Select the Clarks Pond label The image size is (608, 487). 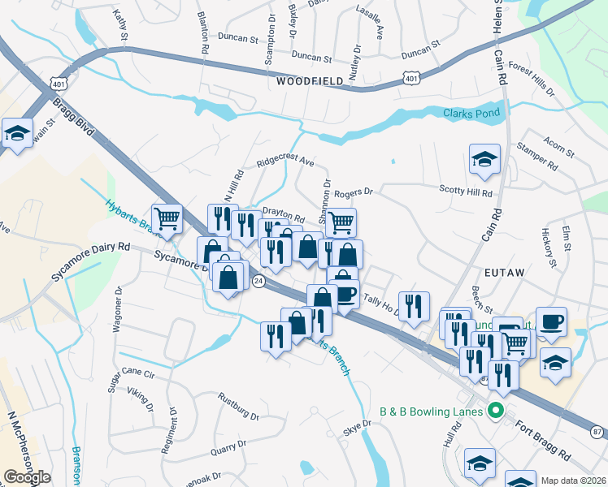coord(471,113)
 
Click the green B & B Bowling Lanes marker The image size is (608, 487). coord(493,411)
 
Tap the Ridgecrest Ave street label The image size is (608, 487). coord(285,162)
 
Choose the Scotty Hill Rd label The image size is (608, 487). coord(466,193)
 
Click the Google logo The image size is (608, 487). coord(27,477)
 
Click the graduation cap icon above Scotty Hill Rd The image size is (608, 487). coord(484,159)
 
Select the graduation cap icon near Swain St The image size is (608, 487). coord(16,133)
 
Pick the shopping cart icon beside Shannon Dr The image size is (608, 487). coord(341,221)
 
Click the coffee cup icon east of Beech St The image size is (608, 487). coord(552,321)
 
